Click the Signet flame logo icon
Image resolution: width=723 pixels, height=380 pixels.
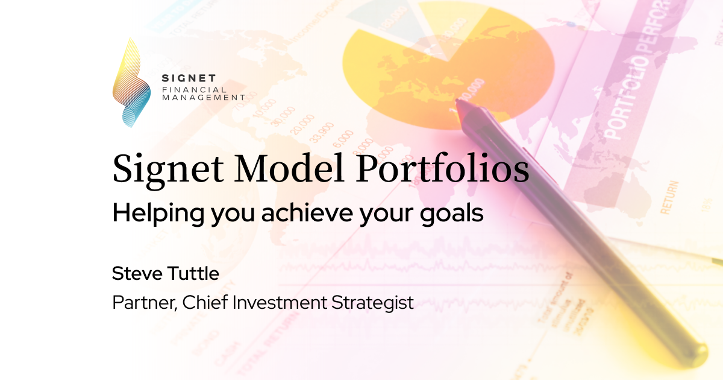tap(131, 83)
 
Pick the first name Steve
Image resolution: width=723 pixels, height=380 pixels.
tap(136, 273)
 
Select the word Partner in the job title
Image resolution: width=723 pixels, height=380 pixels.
tap(135, 302)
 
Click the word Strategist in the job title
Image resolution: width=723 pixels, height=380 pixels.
tap(373, 302)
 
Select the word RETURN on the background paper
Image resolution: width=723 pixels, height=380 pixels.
tap(668, 197)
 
